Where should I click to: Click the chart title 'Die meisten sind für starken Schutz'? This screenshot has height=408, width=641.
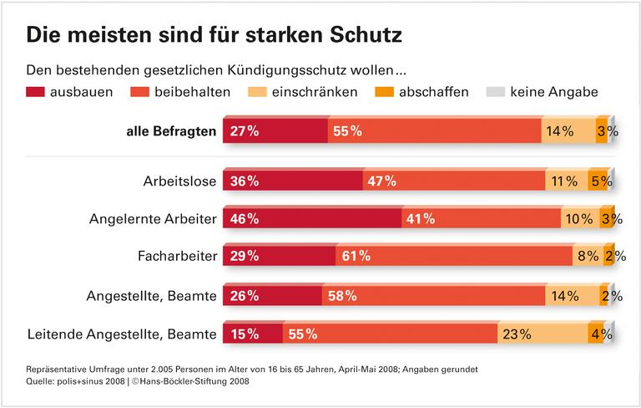215,35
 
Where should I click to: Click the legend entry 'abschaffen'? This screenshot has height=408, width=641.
433,91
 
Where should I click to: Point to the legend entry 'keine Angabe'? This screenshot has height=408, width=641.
553,91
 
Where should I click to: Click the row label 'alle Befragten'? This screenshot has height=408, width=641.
171,131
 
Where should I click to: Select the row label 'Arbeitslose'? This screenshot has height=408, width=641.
179,181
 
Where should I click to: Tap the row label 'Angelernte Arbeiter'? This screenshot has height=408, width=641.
153,219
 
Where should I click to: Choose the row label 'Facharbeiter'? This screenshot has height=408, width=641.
177,257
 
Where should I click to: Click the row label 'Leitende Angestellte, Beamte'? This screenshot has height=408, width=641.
123,334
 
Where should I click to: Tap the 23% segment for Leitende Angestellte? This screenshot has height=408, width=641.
543,334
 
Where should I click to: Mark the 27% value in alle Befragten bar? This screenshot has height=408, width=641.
242,131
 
